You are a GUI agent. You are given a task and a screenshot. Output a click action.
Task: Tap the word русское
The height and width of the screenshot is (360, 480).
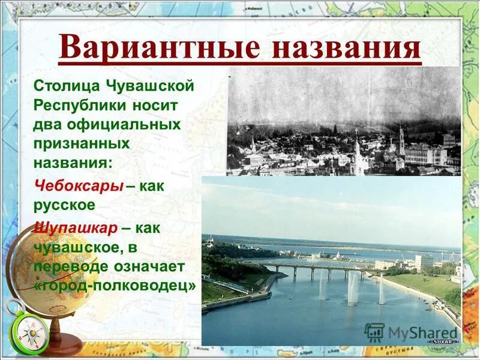(x=65, y=204)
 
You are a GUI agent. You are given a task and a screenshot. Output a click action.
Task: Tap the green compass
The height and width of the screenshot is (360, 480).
(x=29, y=334)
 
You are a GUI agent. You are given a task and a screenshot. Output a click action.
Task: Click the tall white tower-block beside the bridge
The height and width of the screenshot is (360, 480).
(x=424, y=262)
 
